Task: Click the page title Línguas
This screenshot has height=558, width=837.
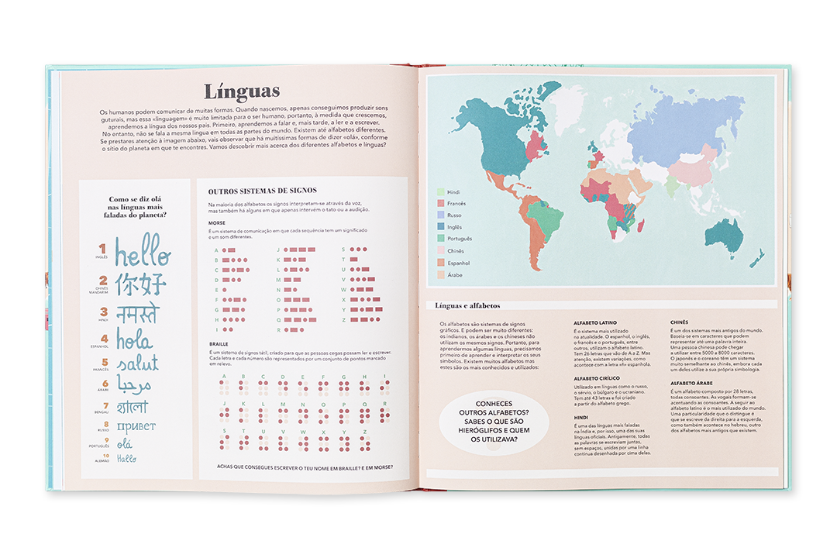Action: (241, 92)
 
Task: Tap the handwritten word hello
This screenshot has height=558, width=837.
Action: (143, 251)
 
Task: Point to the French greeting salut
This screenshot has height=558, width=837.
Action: (137, 363)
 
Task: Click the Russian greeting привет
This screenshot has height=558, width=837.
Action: (136, 426)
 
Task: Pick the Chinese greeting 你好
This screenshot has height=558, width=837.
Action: (140, 284)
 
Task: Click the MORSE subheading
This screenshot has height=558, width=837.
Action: (216, 222)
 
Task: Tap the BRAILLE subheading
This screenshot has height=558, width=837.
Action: (219, 343)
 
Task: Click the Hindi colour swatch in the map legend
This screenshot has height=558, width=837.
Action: (440, 192)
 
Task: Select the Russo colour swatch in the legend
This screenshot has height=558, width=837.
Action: (440, 215)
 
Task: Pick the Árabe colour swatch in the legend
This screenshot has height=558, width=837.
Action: (440, 275)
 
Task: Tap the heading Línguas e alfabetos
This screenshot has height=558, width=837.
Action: (467, 305)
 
